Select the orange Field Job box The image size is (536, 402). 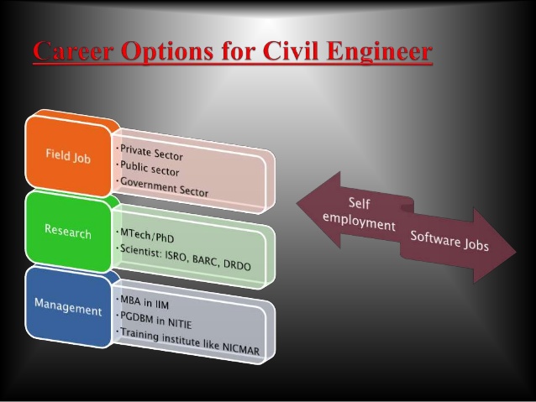(69, 154)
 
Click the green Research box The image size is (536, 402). (68, 231)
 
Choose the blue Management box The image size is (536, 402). (67, 306)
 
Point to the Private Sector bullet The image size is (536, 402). (150, 152)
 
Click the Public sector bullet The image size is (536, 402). (149, 168)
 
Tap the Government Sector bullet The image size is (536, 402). (163, 186)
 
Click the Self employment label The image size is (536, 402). (360, 215)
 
